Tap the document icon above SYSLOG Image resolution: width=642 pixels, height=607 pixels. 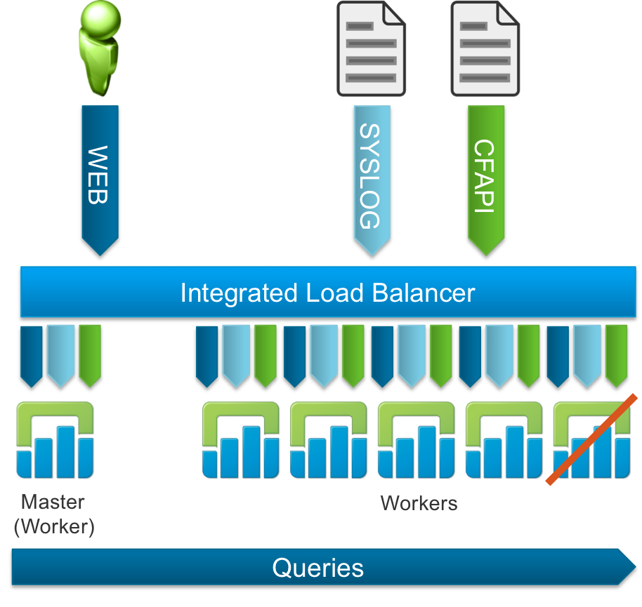371,48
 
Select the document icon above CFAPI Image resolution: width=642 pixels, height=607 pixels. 485,48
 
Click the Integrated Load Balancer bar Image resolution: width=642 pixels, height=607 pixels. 327,292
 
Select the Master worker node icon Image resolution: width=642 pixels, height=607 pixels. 55,439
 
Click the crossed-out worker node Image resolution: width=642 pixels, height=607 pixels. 591,439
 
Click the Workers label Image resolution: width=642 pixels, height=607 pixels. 419,503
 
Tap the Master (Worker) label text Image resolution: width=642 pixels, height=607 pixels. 53,514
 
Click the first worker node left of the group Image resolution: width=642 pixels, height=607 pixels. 241,439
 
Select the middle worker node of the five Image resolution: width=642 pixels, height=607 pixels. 416,439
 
